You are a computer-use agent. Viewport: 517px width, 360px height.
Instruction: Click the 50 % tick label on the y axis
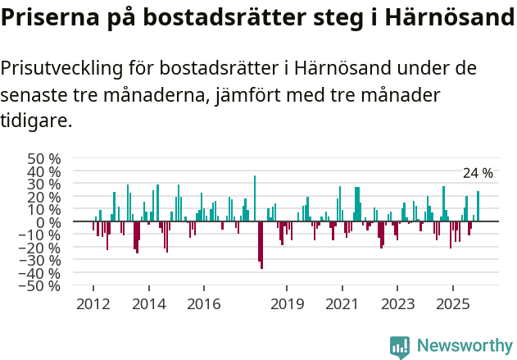pyautogui.click(x=43, y=158)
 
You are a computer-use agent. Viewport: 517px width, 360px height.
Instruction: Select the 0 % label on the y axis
pyautogui.click(x=48, y=222)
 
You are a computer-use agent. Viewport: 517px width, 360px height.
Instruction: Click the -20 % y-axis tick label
pyautogui.click(x=40, y=248)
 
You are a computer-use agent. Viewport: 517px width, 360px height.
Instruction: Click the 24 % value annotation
pyautogui.click(x=478, y=173)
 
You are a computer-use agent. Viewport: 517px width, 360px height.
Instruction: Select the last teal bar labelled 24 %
pyautogui.click(x=478, y=207)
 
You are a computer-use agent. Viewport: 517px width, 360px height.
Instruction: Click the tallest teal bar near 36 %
pyautogui.click(x=255, y=199)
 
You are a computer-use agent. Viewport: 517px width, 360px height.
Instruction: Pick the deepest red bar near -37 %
pyautogui.click(x=261, y=245)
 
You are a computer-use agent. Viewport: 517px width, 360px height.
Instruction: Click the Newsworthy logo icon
pyautogui.click(x=400, y=346)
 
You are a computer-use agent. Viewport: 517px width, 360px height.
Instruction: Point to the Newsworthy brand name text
pyautogui.click(x=464, y=346)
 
